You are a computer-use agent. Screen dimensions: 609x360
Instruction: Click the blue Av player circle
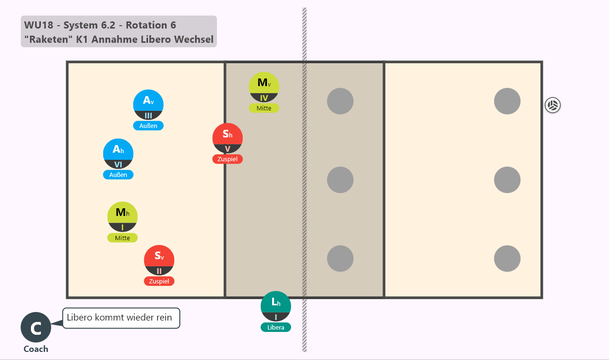click(148, 105)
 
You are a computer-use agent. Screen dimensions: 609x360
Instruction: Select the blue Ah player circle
click(118, 154)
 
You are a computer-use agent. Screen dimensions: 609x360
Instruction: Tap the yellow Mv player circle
click(264, 87)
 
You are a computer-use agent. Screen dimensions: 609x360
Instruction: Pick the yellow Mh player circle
click(122, 217)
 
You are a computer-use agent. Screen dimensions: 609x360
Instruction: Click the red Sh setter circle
click(227, 138)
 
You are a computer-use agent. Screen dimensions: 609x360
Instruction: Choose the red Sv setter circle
click(159, 260)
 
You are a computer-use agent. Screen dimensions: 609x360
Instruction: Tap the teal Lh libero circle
click(275, 306)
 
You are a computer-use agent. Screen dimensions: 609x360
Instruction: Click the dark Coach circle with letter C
click(36, 327)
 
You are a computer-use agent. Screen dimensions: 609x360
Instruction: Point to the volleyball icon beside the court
click(553, 105)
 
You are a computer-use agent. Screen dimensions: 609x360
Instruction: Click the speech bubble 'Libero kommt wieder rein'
click(121, 318)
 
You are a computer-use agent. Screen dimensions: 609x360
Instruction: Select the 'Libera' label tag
click(275, 327)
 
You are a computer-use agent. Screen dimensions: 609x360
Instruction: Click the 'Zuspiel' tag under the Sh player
click(227, 159)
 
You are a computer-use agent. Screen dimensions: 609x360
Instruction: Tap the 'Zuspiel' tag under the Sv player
click(159, 281)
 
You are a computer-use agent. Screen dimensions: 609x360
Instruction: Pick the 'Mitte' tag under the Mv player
click(264, 108)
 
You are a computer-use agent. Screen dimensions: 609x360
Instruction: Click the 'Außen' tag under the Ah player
click(118, 175)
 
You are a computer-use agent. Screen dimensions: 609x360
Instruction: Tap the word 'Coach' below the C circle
click(36, 349)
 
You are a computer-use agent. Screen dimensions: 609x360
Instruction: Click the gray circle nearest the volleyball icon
click(507, 101)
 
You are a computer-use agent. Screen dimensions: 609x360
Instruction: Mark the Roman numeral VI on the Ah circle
click(118, 165)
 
